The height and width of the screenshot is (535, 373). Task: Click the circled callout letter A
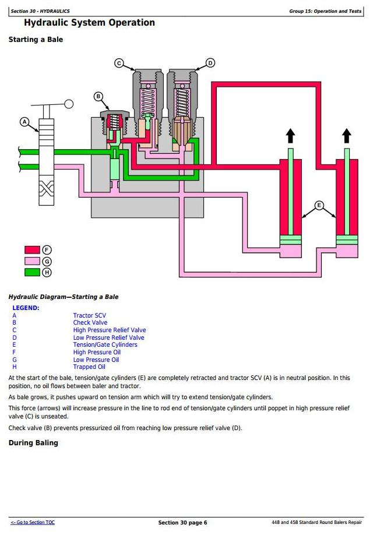(x=24, y=122)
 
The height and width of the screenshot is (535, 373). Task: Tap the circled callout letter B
(x=98, y=96)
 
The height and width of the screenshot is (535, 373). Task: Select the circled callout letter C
(x=119, y=63)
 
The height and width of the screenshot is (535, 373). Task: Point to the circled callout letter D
(x=210, y=63)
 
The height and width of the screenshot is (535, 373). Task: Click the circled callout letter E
(x=319, y=205)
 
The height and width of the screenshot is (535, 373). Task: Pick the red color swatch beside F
(x=32, y=251)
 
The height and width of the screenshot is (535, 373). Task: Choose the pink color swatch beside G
(x=32, y=261)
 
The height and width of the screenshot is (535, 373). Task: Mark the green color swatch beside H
(x=32, y=272)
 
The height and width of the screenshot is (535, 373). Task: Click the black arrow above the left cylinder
(x=290, y=136)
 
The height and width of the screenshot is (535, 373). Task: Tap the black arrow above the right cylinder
(x=347, y=136)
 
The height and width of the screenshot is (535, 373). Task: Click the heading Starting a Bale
(x=36, y=40)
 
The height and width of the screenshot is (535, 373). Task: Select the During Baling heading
(x=33, y=443)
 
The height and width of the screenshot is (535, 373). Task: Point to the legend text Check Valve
(x=90, y=323)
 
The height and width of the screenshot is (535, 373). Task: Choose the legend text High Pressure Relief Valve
(x=109, y=330)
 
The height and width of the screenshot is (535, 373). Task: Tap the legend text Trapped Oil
(x=89, y=367)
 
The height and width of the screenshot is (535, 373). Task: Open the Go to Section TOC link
(x=33, y=522)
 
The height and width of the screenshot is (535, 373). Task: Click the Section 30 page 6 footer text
(x=182, y=523)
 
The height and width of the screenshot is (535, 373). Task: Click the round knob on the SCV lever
(x=69, y=104)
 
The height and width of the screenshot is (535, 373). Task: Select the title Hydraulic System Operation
(x=89, y=23)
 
